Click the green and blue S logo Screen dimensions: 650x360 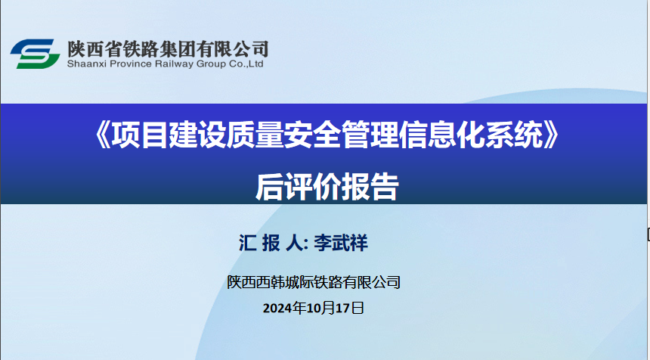tap(36, 54)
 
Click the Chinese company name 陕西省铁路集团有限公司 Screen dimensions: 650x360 tap(168, 49)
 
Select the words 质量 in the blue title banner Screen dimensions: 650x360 tap(254, 135)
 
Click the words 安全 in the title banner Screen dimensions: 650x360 tap(311, 135)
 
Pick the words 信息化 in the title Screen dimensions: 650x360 tap(441, 135)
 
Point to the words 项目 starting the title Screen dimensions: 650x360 tap(140, 135)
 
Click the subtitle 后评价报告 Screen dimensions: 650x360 tap(327, 187)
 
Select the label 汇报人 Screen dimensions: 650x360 tap(271, 243)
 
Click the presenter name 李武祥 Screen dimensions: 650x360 tap(340, 243)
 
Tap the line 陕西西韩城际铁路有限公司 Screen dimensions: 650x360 tap(314, 282)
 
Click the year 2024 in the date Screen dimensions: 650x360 tap(277, 308)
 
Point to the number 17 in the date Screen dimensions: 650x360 tap(344, 308)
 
